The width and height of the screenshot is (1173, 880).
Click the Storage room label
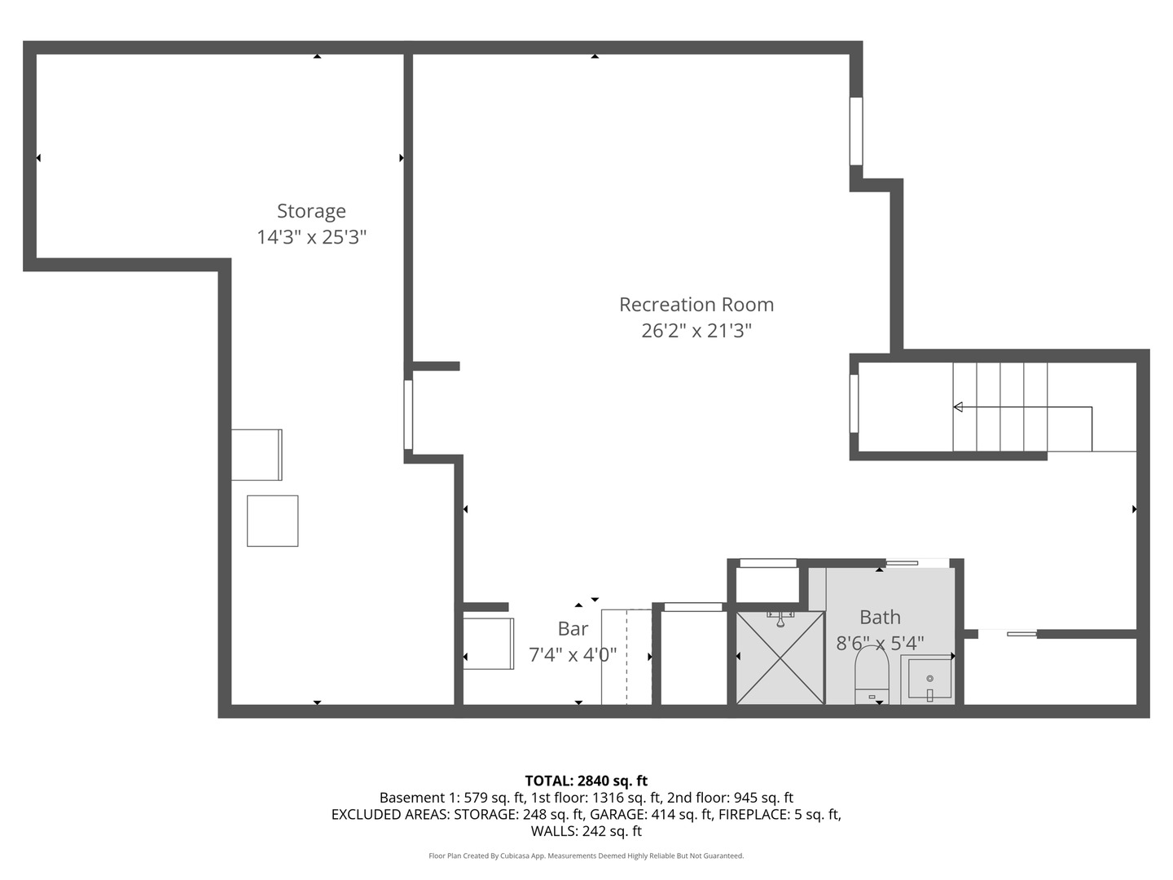[x=311, y=211]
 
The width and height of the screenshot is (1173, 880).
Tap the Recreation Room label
[x=696, y=305]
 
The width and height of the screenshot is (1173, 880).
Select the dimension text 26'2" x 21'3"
[x=696, y=331]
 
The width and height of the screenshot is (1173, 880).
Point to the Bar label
[x=573, y=629]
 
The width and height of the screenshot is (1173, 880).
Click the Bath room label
[x=880, y=618]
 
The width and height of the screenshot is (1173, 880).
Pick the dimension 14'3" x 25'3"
[x=311, y=237]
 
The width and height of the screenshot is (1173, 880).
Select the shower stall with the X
[x=780, y=657]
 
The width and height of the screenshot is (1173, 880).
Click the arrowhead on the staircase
[x=958, y=407]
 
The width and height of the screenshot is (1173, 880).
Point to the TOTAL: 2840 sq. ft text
[x=586, y=781]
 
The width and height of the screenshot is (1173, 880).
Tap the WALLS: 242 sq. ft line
[x=586, y=831]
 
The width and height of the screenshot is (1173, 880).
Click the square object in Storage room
[x=272, y=521]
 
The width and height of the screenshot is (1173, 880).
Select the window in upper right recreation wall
[x=855, y=131]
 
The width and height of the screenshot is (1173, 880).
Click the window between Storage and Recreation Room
[x=408, y=414]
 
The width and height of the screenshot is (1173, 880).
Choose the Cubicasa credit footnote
[x=586, y=856]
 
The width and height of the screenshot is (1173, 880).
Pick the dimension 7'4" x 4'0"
[x=573, y=654]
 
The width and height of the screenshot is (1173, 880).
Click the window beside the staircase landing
[x=854, y=403]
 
